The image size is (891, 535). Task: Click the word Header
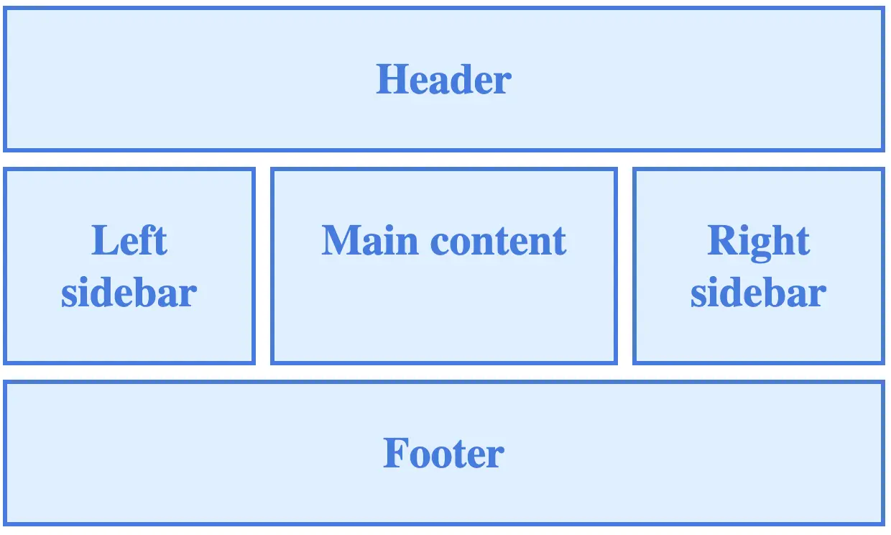pyautogui.click(x=443, y=79)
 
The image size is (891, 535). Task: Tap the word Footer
pyautogui.click(x=443, y=454)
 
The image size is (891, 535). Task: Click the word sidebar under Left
pyautogui.click(x=129, y=293)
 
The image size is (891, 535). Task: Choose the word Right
pyautogui.click(x=759, y=242)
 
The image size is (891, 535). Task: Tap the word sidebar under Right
pyautogui.click(x=759, y=293)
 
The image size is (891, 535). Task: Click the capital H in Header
pyautogui.click(x=390, y=79)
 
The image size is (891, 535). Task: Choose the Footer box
pyautogui.click(x=443, y=496)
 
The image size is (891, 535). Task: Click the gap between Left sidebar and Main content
pyautogui.click(x=263, y=266)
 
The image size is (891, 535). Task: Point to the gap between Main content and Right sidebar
pyautogui.click(x=625, y=266)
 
